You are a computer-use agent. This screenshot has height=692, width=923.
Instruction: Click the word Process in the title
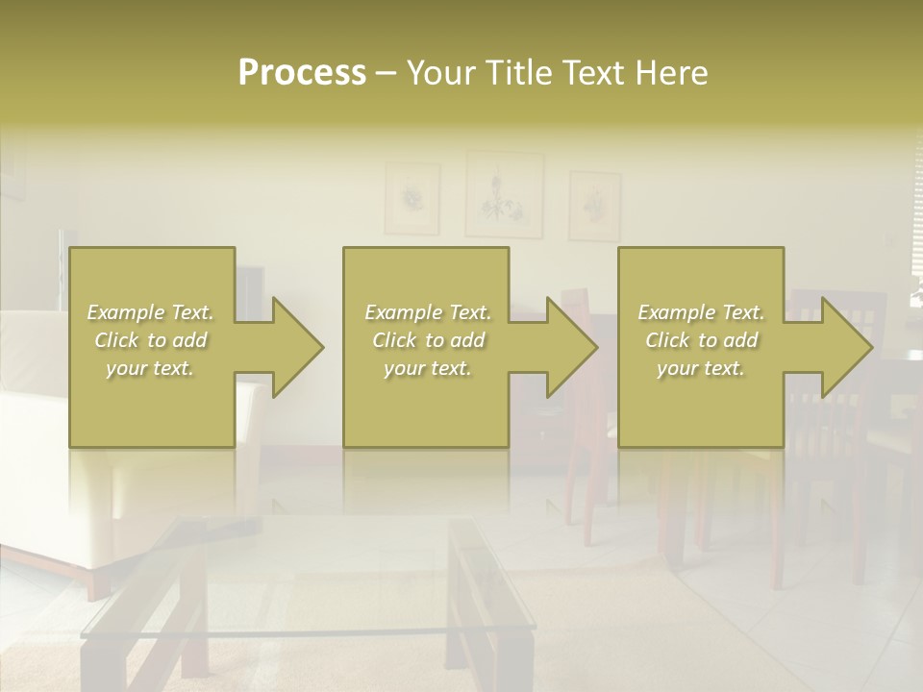pyautogui.click(x=302, y=73)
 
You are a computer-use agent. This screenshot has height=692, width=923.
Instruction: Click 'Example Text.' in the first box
pyautogui.click(x=151, y=312)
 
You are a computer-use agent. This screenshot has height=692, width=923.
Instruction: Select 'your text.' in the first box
pyautogui.click(x=151, y=368)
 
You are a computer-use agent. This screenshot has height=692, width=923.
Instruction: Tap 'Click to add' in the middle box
pyautogui.click(x=428, y=340)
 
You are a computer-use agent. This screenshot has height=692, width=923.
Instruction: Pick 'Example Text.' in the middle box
pyautogui.click(x=428, y=312)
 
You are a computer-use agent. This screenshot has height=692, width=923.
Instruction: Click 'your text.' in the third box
pyautogui.click(x=701, y=368)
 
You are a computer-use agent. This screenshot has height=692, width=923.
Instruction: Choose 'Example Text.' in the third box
pyautogui.click(x=701, y=312)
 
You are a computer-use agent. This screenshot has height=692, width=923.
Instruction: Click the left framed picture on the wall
pyautogui.click(x=412, y=198)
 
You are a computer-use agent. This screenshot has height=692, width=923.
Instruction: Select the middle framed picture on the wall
pyautogui.click(x=504, y=195)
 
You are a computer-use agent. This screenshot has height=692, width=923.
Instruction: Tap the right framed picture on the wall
pyautogui.click(x=594, y=206)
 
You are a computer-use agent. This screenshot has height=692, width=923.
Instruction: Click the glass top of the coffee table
pyautogui.click(x=288, y=586)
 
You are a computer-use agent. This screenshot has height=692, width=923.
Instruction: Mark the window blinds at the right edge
pyautogui.click(x=916, y=221)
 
